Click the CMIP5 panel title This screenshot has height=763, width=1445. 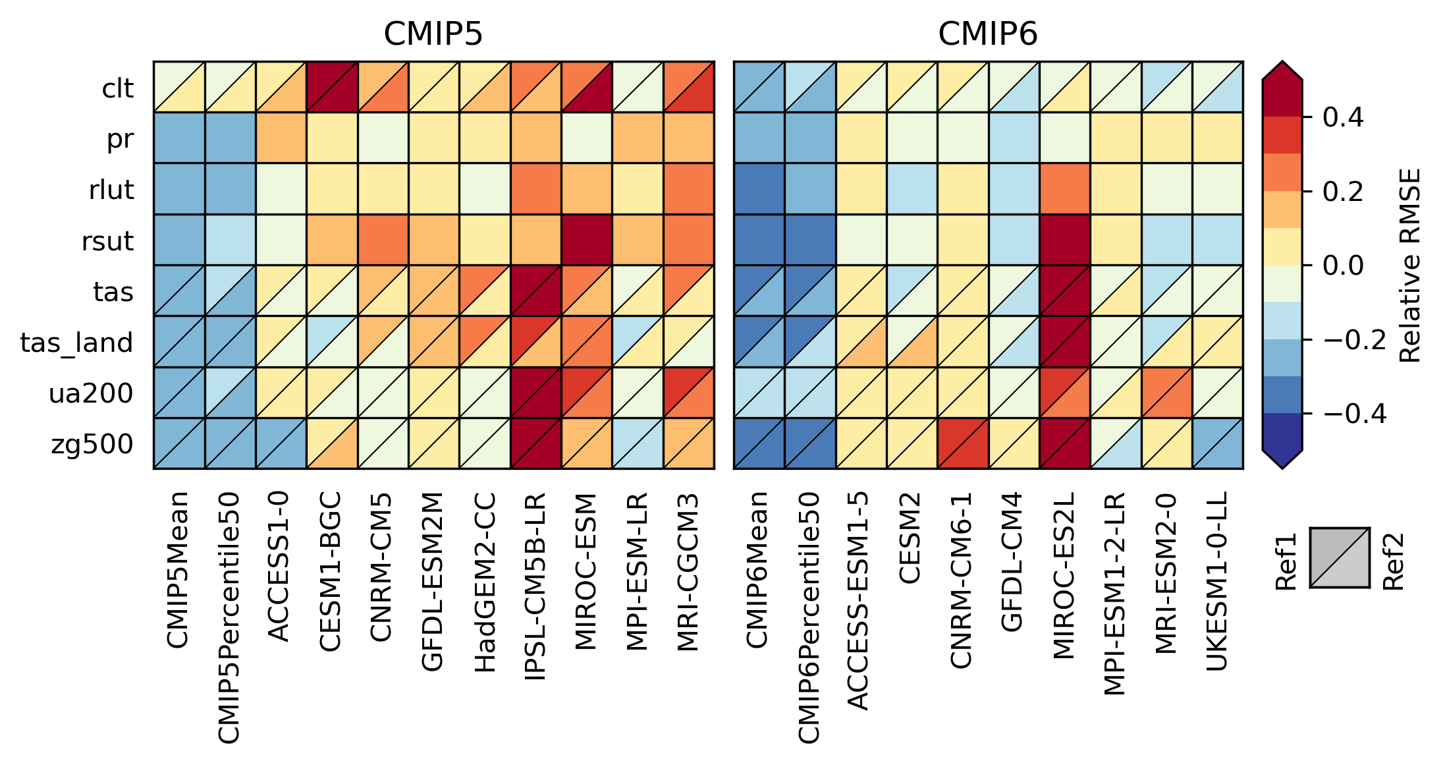click(x=433, y=34)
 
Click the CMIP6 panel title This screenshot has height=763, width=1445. click(x=987, y=34)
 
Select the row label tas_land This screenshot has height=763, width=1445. click(x=76, y=343)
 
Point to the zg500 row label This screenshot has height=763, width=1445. click(x=92, y=445)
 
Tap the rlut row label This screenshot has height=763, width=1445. click(x=111, y=190)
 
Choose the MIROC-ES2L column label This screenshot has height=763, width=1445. click(x=1064, y=575)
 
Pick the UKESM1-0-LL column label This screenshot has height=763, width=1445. click(x=1216, y=580)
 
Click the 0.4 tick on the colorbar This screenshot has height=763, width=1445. click(x=1343, y=117)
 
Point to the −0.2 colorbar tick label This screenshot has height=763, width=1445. click(x=1354, y=340)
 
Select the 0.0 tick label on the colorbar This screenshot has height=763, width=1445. click(x=1343, y=266)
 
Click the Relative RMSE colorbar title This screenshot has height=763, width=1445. click(x=1410, y=266)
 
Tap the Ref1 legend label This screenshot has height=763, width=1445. click(x=1286, y=561)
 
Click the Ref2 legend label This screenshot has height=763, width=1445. click(x=1393, y=561)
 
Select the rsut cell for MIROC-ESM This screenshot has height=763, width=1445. click(x=586, y=240)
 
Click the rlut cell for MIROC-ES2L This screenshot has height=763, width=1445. click(x=1064, y=189)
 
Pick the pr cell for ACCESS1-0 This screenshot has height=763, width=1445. click(x=281, y=138)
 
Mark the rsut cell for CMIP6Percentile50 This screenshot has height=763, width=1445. click(x=810, y=240)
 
